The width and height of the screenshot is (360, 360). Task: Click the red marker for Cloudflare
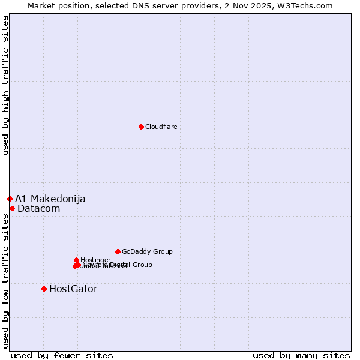click(x=141, y=127)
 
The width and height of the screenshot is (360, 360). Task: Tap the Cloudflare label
click(x=161, y=127)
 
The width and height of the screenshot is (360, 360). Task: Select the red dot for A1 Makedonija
click(x=10, y=199)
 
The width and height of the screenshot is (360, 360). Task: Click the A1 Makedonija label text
click(x=50, y=199)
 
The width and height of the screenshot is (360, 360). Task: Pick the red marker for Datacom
click(x=12, y=208)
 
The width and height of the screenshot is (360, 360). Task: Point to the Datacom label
click(x=39, y=209)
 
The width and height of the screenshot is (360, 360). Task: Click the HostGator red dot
click(x=44, y=289)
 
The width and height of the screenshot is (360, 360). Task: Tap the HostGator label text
click(x=73, y=289)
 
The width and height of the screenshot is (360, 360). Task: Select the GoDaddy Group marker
click(x=118, y=251)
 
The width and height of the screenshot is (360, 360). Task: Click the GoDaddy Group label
click(x=147, y=252)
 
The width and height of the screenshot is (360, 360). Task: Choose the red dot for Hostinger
click(x=76, y=260)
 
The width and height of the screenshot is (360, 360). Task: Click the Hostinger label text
click(x=96, y=260)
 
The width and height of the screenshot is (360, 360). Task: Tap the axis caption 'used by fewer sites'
click(x=62, y=355)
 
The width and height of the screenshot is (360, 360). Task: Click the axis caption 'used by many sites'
click(x=301, y=355)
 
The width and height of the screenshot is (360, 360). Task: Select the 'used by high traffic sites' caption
click(x=5, y=85)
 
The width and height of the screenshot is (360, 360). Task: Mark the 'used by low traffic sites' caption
click(x=5, y=281)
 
